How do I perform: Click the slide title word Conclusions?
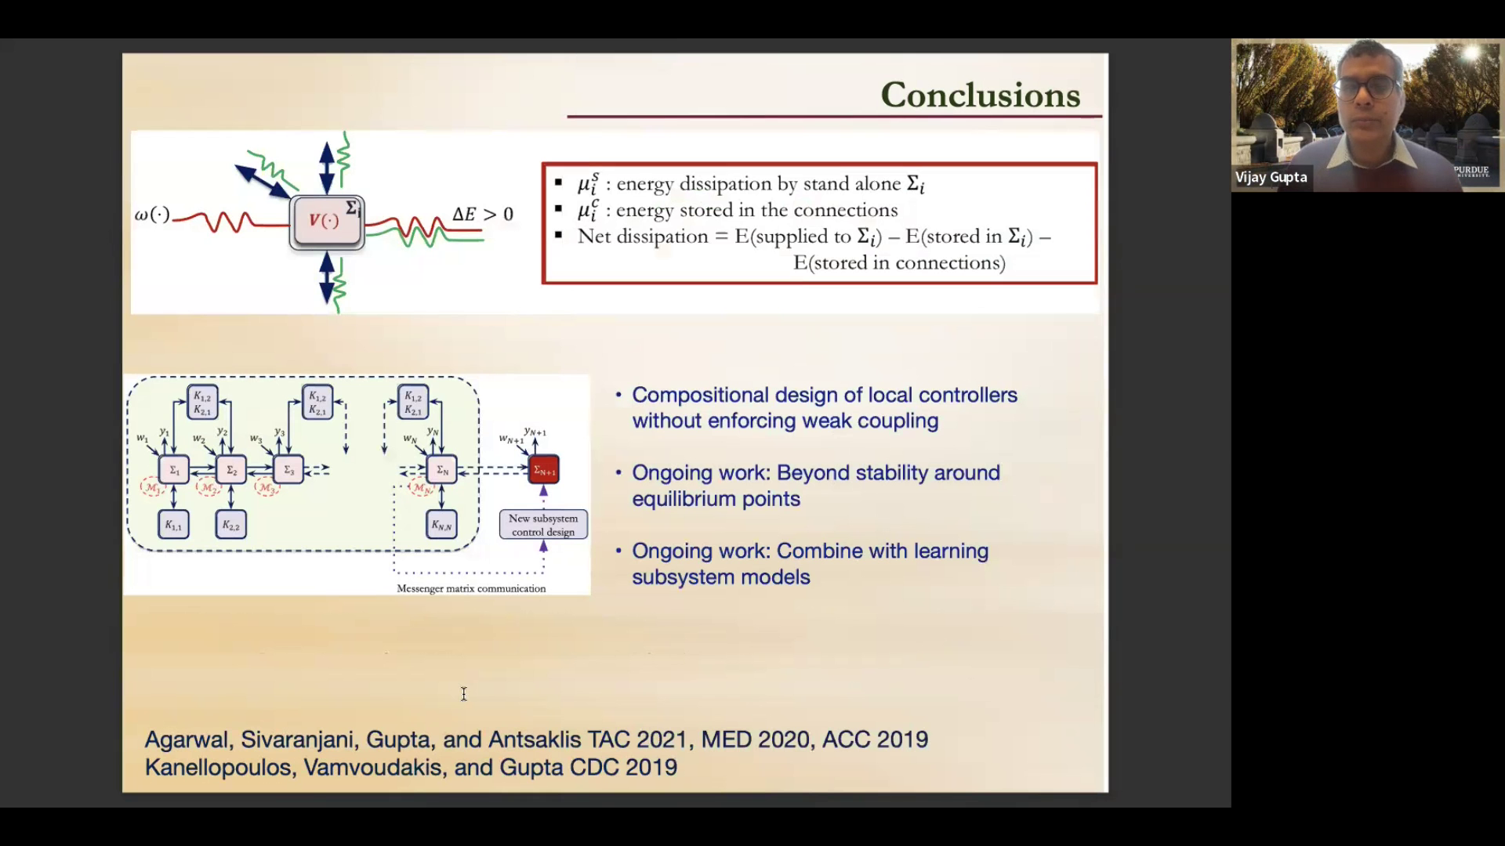[x=980, y=95]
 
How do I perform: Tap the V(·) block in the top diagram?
[x=325, y=222]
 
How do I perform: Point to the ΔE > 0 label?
[x=483, y=214]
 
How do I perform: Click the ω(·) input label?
[x=151, y=214]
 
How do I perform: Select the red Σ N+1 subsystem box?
[x=544, y=470]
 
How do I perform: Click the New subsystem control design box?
[x=543, y=525]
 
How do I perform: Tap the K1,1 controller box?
[x=173, y=526]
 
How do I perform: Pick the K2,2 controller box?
[x=230, y=526]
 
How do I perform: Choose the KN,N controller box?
[x=441, y=526]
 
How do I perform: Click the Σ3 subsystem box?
[x=288, y=470]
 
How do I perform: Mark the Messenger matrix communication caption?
[x=471, y=588]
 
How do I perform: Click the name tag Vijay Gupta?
[x=1271, y=178]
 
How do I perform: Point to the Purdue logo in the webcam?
[x=1471, y=171]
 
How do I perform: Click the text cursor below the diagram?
[x=464, y=694]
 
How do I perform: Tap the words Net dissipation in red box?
[x=642, y=237]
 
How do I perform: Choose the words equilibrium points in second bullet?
[x=716, y=500]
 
